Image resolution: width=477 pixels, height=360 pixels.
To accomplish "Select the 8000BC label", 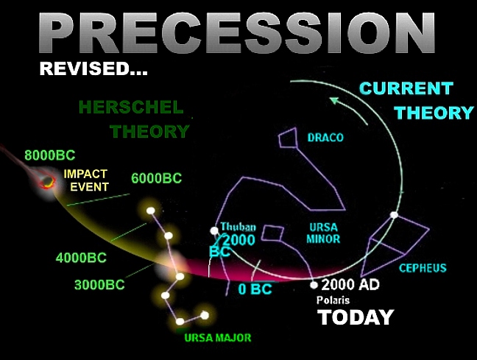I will [x=49, y=155].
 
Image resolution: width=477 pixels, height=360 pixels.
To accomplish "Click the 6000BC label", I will [x=156, y=179].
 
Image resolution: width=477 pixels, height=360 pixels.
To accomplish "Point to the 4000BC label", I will [x=81, y=258].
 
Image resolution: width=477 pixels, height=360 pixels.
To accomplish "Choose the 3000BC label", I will [x=99, y=285].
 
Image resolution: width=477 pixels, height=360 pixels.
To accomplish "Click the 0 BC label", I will [x=255, y=289].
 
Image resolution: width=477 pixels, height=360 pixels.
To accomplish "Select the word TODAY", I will [x=356, y=317].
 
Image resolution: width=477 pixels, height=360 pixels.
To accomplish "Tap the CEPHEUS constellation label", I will [x=423, y=267].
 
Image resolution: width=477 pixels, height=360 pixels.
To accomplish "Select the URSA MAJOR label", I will [x=218, y=338].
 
